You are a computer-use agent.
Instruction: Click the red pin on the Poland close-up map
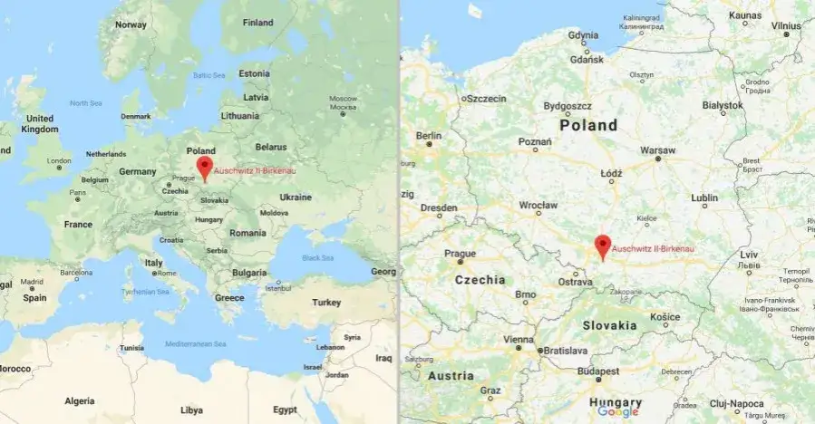tap(602, 246)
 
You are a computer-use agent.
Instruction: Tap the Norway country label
tap(131, 24)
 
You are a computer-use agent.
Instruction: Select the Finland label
tap(257, 23)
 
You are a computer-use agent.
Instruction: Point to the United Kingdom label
tap(39, 124)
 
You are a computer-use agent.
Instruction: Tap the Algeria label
tap(79, 400)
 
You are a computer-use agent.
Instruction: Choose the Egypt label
tap(285, 410)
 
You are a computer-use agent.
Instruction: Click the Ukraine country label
tap(295, 197)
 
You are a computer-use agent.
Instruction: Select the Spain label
tap(34, 297)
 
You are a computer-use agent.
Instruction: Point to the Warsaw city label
tap(657, 149)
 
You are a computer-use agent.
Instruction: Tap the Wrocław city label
tap(538, 205)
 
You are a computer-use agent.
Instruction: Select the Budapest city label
tap(599, 371)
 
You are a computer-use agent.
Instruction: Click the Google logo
tap(618, 411)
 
